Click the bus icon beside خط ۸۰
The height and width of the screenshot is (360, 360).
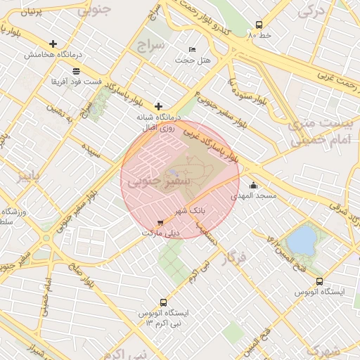[x=259, y=24]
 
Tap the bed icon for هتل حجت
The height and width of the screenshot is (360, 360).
[x=193, y=49]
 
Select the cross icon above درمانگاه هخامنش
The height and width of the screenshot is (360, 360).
[x=53, y=44]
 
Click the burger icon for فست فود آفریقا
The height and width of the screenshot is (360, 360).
[x=76, y=70]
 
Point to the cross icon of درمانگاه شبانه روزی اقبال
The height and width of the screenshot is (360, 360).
[x=158, y=106]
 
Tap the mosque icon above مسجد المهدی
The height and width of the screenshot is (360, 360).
[x=253, y=186]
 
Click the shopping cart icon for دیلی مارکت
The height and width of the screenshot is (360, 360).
[x=161, y=223]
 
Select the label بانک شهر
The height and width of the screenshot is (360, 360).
[x=190, y=210]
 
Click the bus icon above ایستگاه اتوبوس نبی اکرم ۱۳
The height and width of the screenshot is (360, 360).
[x=164, y=302]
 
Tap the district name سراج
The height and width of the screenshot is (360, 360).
[x=150, y=46]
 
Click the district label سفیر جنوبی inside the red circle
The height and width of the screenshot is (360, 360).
[x=149, y=181]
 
